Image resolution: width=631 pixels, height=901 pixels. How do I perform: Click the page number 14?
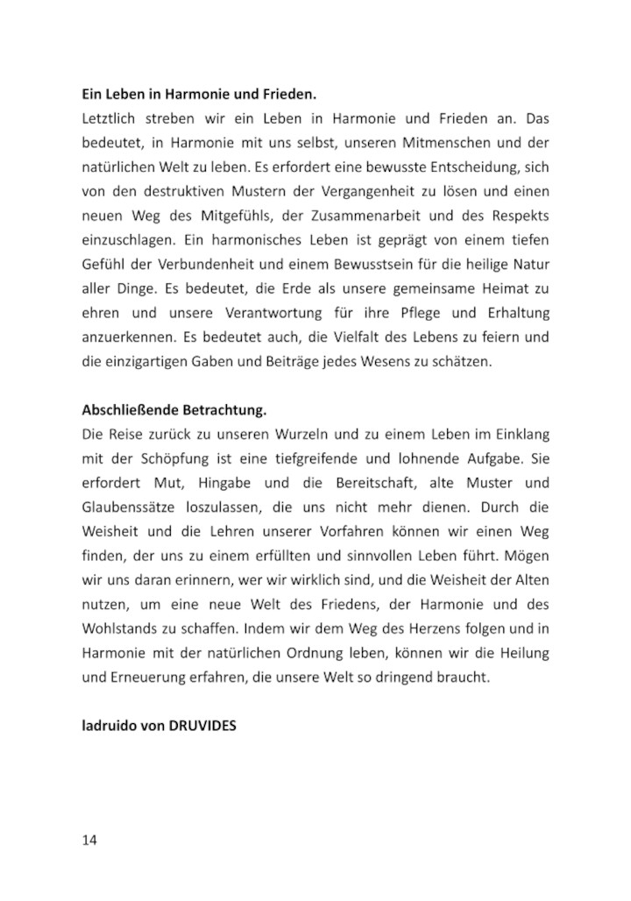point(89,840)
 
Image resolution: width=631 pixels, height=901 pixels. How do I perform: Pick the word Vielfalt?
point(359,335)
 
